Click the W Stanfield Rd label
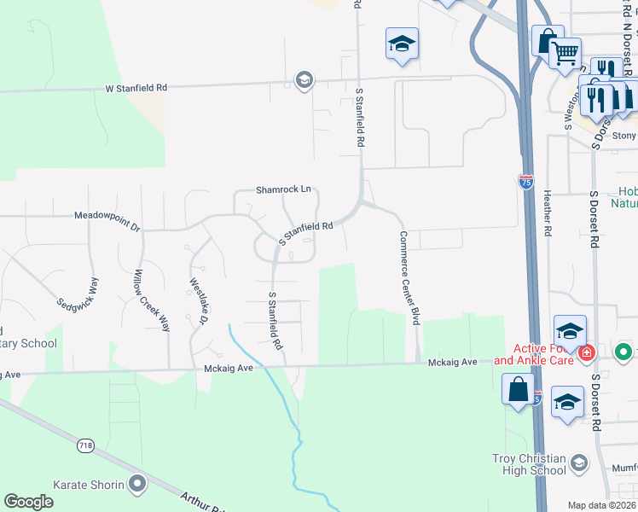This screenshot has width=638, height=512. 136,88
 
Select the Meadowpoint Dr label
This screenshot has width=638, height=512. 107,220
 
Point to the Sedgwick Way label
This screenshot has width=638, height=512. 78,292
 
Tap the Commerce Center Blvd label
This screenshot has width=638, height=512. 410,278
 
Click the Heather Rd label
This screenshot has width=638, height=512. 547,213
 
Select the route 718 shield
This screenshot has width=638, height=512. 85,445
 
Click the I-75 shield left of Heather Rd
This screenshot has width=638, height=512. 526,181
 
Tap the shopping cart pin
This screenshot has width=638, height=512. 565,54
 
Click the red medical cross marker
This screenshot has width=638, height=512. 587,352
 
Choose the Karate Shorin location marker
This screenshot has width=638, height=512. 136,486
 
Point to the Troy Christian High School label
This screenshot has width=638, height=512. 529,464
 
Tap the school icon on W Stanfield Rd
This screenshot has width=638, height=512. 303,80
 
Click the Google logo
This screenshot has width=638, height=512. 29,502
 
